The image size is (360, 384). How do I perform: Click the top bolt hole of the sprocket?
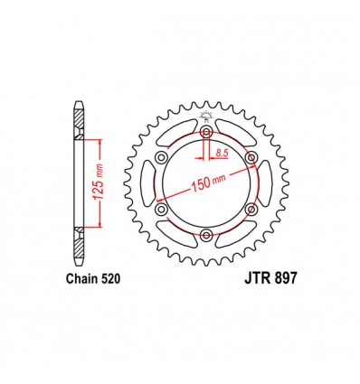click(x=206, y=135)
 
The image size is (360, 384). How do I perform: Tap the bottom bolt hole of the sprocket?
click(x=206, y=236)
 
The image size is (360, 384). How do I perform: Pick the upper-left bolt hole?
click(x=162, y=160)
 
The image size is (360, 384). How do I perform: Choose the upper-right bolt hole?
click(x=251, y=160)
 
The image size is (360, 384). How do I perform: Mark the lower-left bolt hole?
click(x=162, y=211)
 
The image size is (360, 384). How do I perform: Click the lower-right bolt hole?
click(x=251, y=211)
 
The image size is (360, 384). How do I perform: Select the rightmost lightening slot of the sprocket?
click(x=264, y=185)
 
